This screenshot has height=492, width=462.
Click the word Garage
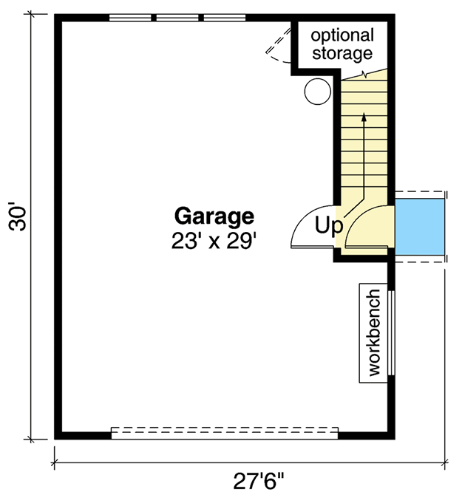pyautogui.click(x=214, y=216)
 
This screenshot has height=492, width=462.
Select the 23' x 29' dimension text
pyautogui.click(x=214, y=240)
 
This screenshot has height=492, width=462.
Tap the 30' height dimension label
pyautogui.click(x=17, y=218)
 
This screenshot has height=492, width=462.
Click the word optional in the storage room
pyautogui.click(x=342, y=35)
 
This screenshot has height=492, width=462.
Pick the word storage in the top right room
pyautogui.click(x=342, y=53)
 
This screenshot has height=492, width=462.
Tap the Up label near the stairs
pyautogui.click(x=328, y=224)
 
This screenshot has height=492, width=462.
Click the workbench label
pyautogui.click(x=373, y=332)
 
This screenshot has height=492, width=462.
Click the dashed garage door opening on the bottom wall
pyautogui.click(x=224, y=433)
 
